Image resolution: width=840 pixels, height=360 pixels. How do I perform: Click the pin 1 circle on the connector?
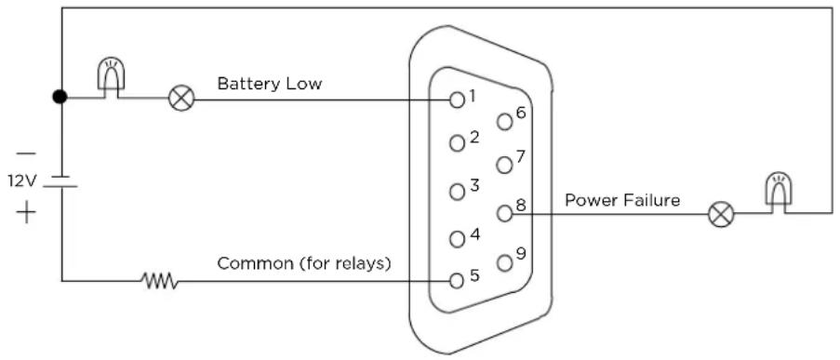point(457,100)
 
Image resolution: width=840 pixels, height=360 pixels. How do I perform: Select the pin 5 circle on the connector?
point(457,281)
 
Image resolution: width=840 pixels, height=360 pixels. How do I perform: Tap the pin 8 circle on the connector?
point(504,214)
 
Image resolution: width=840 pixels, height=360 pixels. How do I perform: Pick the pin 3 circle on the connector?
point(457,192)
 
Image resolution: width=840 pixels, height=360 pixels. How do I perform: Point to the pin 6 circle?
point(504,122)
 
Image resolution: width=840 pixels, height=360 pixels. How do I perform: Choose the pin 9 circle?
point(504,262)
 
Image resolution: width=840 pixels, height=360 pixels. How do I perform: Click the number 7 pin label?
point(521,156)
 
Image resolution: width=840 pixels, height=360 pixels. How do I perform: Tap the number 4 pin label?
point(474,234)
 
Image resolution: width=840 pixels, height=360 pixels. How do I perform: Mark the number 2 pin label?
point(474,137)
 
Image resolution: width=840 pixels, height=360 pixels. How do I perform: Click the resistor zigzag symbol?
point(159,280)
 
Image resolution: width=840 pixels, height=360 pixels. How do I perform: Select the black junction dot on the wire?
point(60,97)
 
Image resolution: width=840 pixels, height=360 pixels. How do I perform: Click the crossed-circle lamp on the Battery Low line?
point(181,100)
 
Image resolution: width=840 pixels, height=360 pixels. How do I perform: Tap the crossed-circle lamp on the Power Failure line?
point(721,214)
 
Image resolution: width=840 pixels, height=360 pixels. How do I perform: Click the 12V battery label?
point(21,180)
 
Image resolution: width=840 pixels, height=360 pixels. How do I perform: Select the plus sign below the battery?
point(26,214)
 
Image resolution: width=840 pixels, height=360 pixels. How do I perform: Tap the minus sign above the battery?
point(26,153)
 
